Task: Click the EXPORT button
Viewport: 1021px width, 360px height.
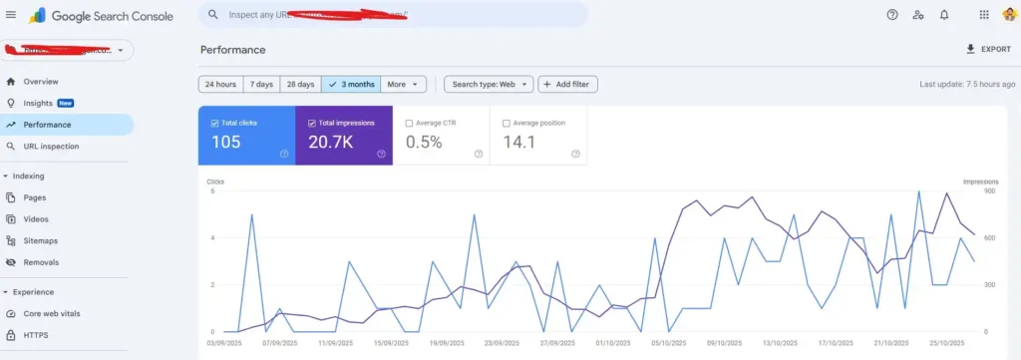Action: click(988, 49)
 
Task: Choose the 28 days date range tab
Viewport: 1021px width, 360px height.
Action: click(300, 85)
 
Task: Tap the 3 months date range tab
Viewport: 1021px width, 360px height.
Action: click(350, 85)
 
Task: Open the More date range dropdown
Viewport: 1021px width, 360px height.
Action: click(404, 85)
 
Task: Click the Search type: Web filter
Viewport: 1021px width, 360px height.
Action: click(489, 85)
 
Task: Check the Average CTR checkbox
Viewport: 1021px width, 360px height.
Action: click(409, 124)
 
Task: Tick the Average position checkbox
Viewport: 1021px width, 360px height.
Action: click(506, 124)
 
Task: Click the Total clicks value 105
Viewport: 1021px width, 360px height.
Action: click(226, 143)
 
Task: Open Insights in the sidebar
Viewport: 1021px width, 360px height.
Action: click(38, 103)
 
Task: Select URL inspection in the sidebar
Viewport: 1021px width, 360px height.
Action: click(51, 147)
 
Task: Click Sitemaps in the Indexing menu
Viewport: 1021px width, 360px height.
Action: click(41, 240)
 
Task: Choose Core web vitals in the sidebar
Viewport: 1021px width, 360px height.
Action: click(52, 313)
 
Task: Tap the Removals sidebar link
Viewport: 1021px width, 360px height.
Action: click(41, 262)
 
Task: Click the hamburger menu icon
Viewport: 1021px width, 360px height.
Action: click(11, 15)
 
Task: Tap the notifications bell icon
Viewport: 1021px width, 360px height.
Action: click(944, 15)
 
